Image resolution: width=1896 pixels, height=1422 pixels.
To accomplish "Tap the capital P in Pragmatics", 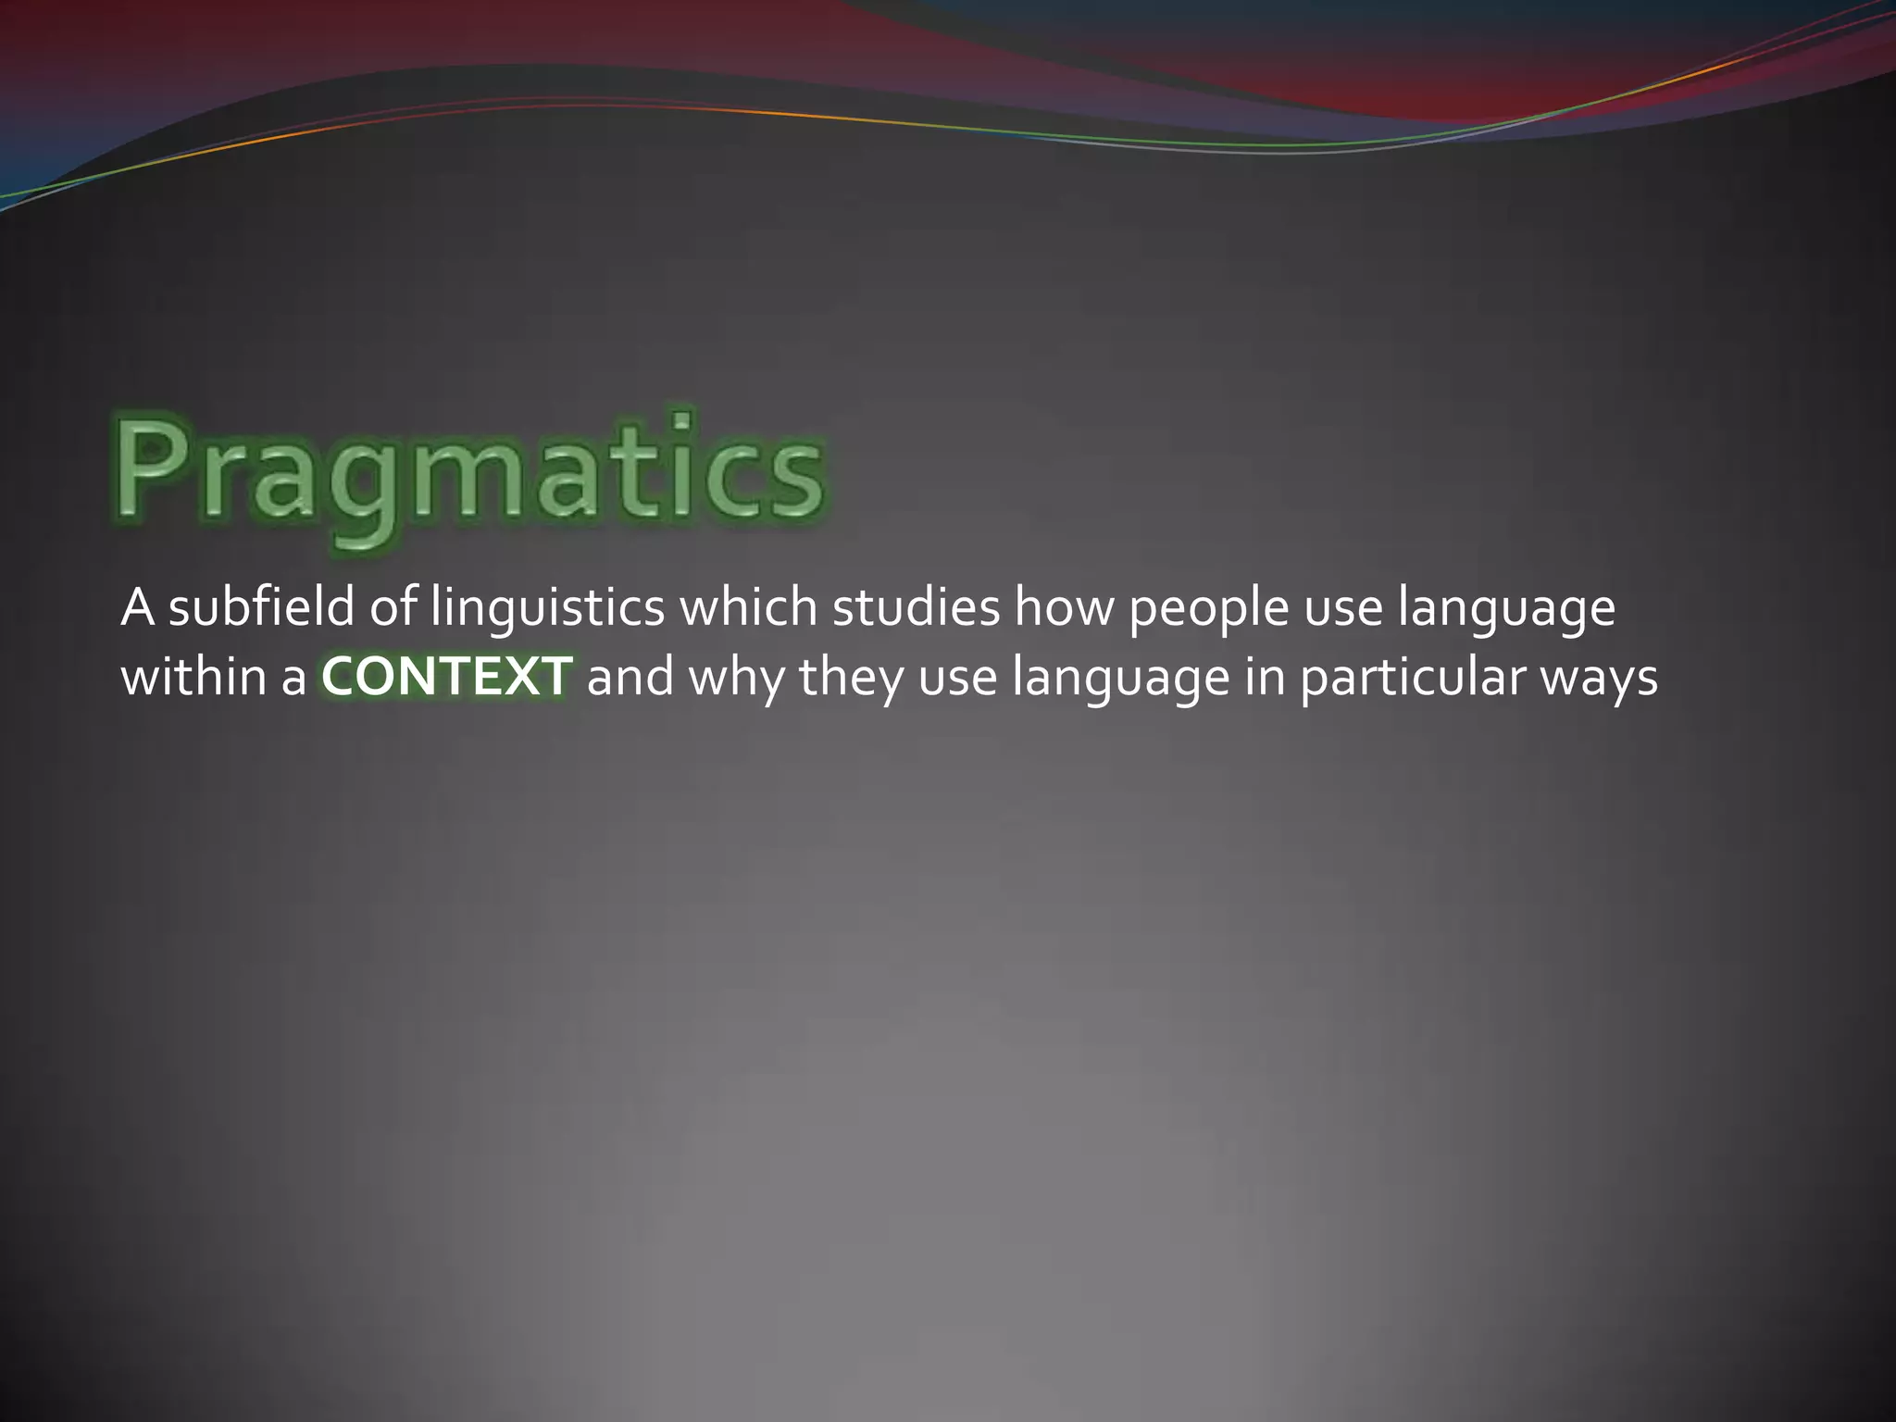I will tap(153, 468).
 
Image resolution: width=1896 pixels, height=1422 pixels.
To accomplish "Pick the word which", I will tap(748, 608).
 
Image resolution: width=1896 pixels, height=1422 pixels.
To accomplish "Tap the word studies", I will tap(916, 608).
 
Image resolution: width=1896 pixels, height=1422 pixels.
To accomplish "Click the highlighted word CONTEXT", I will tap(446, 677).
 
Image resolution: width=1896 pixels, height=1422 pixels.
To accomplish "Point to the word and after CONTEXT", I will tap(630, 677).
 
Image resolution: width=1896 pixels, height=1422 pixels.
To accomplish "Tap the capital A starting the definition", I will tap(137, 608).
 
